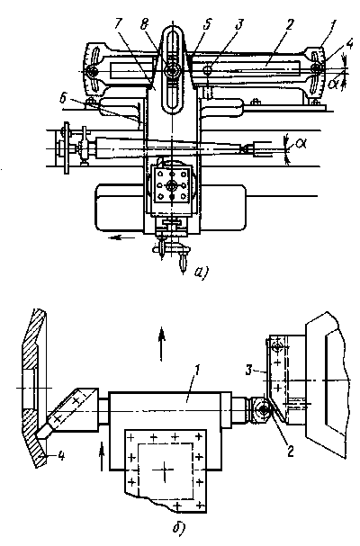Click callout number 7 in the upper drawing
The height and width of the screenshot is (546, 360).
(x=119, y=24)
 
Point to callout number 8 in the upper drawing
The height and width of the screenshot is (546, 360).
(x=144, y=24)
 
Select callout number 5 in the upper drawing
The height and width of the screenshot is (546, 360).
(x=207, y=24)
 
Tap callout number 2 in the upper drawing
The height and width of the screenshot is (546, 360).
(x=289, y=24)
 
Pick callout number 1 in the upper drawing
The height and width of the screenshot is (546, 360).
(x=333, y=25)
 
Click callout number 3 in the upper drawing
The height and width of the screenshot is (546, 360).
(x=239, y=24)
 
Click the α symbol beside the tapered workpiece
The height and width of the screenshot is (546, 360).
(x=301, y=143)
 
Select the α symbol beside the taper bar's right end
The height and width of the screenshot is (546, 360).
(x=333, y=85)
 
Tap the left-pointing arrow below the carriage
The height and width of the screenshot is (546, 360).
(x=121, y=237)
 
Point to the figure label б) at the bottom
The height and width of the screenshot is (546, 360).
(x=179, y=529)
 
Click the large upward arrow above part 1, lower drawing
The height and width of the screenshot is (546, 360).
(x=161, y=344)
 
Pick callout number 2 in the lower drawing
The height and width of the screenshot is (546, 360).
(x=290, y=452)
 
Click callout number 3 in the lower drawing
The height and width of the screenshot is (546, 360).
(x=248, y=371)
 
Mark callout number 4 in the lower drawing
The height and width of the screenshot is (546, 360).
(x=61, y=455)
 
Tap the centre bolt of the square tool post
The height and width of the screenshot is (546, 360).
(x=172, y=185)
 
